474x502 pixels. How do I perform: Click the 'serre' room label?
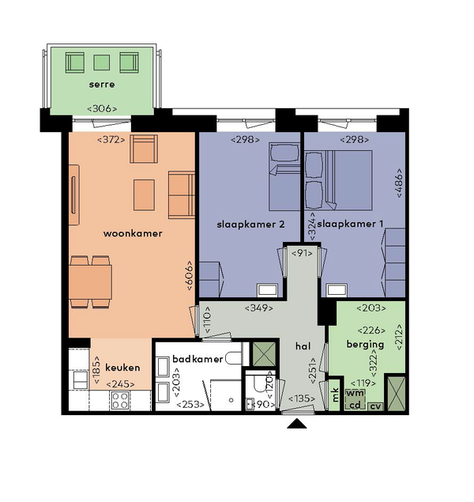tap(102, 85)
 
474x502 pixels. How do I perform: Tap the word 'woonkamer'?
tap(133, 233)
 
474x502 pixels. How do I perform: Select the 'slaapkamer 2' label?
tap(250, 225)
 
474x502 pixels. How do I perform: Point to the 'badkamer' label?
tap(197, 359)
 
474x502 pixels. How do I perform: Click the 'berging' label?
tap(365, 345)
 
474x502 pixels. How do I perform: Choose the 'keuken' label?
tap(122, 368)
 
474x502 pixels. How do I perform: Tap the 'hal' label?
tap(303, 346)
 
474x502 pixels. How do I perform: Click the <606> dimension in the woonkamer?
tap(190, 276)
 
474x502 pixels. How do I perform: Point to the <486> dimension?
tap(399, 183)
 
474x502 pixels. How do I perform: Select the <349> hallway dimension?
tap(259, 308)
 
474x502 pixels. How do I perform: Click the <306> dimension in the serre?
tap(102, 108)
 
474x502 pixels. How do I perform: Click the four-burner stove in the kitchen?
tap(120, 400)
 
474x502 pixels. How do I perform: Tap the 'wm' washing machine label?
tap(355, 393)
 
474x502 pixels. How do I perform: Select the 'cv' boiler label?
tap(375, 406)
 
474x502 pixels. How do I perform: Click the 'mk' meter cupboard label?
tap(335, 394)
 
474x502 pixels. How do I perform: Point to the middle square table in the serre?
tap(102, 62)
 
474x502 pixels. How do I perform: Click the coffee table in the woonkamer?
tap(144, 195)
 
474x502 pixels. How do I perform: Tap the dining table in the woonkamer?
tap(91, 282)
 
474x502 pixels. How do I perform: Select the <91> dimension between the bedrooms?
tap(302, 253)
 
